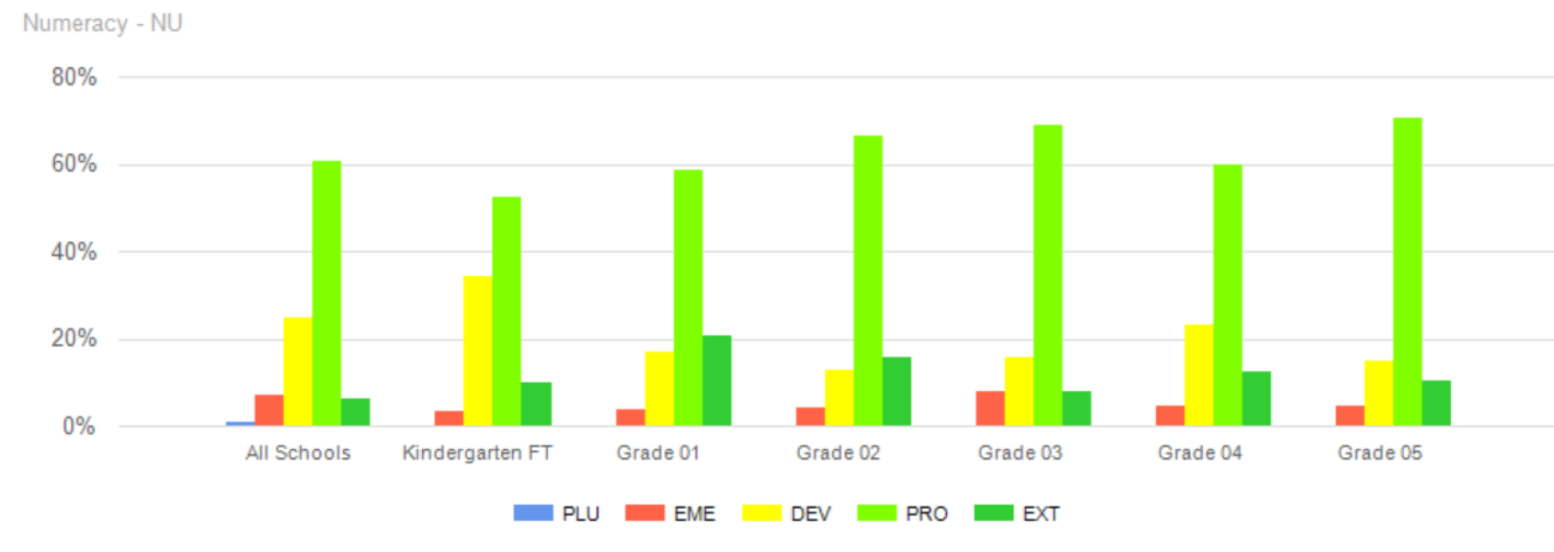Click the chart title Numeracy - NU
point(102,23)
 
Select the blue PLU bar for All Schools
point(240,423)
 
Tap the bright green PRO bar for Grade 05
point(1407,271)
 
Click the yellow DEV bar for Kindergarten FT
point(477,351)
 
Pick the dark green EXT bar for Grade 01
point(716,380)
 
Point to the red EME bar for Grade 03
point(989,408)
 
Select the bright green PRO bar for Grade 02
point(867,281)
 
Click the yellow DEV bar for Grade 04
point(1198,374)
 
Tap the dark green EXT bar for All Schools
point(355,412)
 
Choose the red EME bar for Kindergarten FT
point(449,418)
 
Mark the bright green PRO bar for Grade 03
point(1047,275)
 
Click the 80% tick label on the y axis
point(74,77)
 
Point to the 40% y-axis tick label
point(74,252)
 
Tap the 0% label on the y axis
point(79,427)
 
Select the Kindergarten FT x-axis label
point(477,453)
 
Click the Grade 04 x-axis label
point(1199,453)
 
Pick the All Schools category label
point(298,453)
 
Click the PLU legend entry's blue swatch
point(533,512)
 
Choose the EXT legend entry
point(1017,512)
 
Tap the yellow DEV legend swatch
point(761,512)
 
